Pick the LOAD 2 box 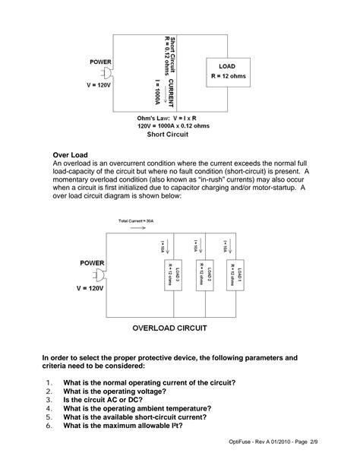coord(200,276)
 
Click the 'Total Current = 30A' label coord(136,220)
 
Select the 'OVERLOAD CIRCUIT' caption coord(170,329)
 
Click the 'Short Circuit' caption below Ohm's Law coord(168,133)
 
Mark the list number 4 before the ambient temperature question coord(47,407)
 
